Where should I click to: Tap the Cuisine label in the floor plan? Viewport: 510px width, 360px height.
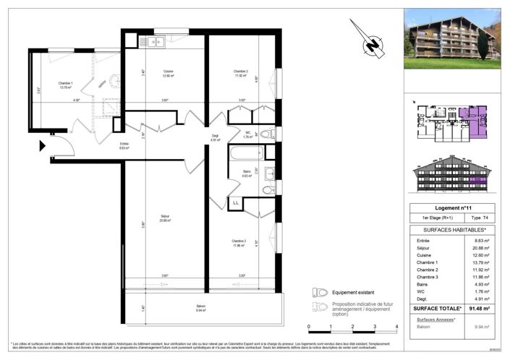[x=168, y=72]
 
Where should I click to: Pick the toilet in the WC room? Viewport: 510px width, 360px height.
[x=265, y=134]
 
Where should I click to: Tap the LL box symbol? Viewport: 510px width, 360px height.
[x=237, y=203]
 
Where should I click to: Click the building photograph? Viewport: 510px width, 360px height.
[x=451, y=38]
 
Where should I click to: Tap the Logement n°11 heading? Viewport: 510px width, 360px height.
[x=451, y=207]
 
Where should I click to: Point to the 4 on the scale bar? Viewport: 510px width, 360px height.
[x=396, y=326]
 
